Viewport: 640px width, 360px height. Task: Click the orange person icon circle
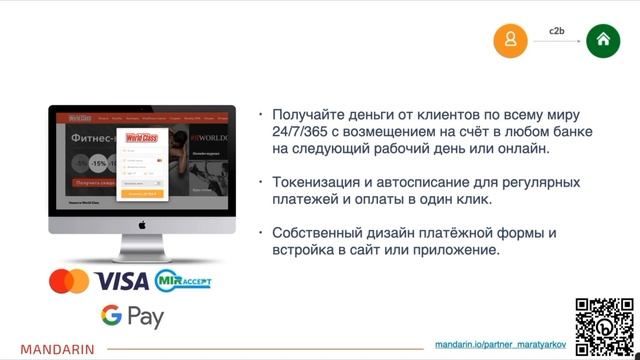(x=511, y=40)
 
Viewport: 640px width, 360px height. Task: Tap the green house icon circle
(x=603, y=40)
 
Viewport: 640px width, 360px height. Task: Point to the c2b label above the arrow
(x=557, y=29)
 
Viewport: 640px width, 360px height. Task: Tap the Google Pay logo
(x=131, y=317)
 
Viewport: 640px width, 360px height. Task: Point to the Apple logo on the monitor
(x=142, y=225)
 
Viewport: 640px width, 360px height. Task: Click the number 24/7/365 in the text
(x=305, y=132)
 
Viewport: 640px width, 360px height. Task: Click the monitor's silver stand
(x=142, y=248)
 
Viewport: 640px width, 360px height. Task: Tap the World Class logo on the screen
(x=142, y=139)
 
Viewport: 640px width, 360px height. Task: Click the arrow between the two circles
(x=557, y=42)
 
